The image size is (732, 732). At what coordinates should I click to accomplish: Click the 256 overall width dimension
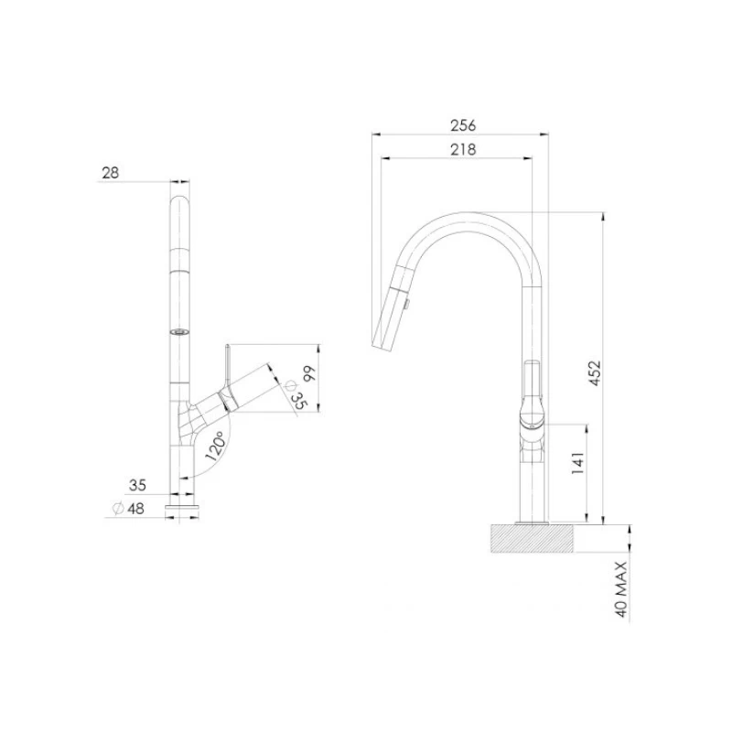[464, 125]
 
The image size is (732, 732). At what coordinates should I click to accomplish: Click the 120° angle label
[216, 446]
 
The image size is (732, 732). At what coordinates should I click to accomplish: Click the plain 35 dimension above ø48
[136, 484]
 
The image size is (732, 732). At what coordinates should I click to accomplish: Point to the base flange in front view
[182, 504]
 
